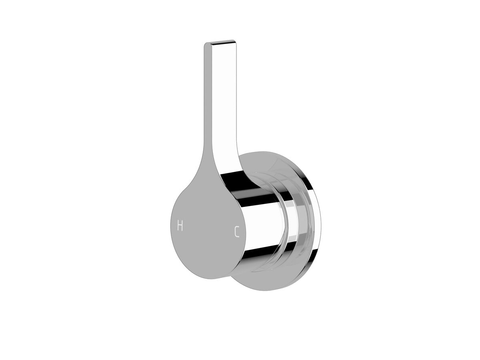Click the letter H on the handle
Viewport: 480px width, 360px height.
coord(180,226)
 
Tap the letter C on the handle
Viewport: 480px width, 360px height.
coord(237,232)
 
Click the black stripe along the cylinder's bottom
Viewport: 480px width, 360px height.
coord(260,253)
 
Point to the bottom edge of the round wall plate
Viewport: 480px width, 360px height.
coord(276,289)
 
